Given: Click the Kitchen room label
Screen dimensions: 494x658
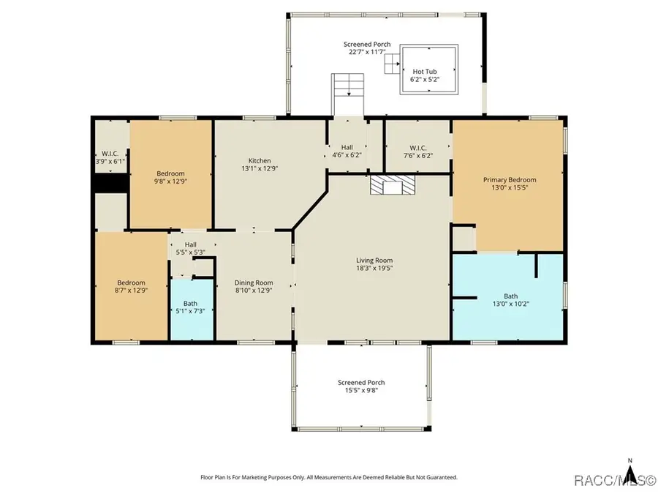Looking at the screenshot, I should [260, 161].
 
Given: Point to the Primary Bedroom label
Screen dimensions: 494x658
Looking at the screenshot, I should [509, 180].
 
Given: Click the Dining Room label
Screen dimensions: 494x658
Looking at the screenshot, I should [254, 282].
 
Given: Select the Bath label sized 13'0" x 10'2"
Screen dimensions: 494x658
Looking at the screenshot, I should [491, 297].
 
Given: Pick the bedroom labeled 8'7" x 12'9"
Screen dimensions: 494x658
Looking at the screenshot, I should [132, 283].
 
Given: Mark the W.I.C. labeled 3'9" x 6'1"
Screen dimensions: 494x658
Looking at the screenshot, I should [110, 156].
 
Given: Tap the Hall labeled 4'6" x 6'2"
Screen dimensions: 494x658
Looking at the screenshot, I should [347, 151].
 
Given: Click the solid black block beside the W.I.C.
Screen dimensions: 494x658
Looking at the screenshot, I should [109, 181].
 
